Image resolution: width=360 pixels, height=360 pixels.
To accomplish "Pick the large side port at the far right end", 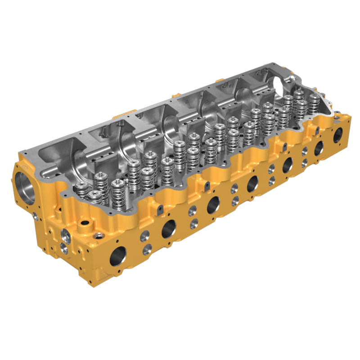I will point(337,135).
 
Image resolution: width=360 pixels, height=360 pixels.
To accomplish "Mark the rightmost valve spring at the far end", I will point(314,101).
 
